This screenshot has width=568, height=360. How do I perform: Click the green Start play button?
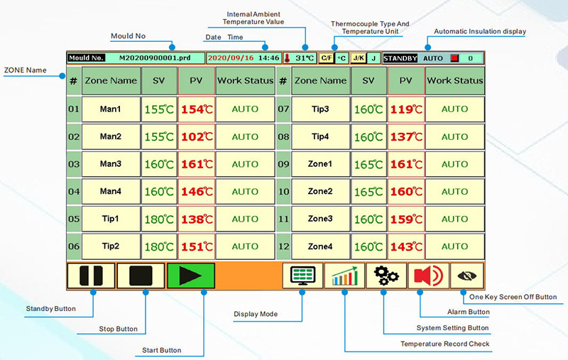[x=190, y=276]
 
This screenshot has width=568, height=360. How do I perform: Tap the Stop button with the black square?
[x=141, y=276]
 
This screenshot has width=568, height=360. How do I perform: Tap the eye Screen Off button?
[x=469, y=276]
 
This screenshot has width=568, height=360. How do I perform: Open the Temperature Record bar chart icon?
[x=344, y=276]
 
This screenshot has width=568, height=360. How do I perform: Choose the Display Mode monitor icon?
[x=302, y=276]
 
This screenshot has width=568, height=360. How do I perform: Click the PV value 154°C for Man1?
[x=196, y=109]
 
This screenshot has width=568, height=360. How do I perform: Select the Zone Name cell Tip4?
[x=320, y=136]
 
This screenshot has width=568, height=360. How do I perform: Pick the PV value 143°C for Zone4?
[x=405, y=246]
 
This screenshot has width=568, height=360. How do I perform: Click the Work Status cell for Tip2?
[x=245, y=246]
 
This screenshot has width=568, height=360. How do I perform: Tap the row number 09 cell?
[x=283, y=164]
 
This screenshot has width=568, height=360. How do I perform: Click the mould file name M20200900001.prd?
[x=154, y=58]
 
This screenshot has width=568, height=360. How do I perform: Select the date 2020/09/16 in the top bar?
[x=230, y=58]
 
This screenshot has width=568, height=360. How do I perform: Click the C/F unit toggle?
[x=326, y=58]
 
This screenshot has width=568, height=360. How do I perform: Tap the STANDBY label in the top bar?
[x=400, y=58]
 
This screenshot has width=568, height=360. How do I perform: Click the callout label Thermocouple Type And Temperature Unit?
[x=370, y=27]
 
